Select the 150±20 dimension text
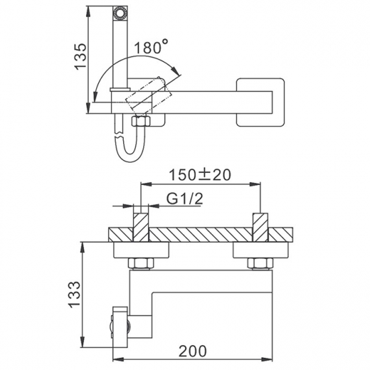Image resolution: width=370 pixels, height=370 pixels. click(200, 175)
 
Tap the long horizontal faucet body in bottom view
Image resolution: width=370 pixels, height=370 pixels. click(215, 278)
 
